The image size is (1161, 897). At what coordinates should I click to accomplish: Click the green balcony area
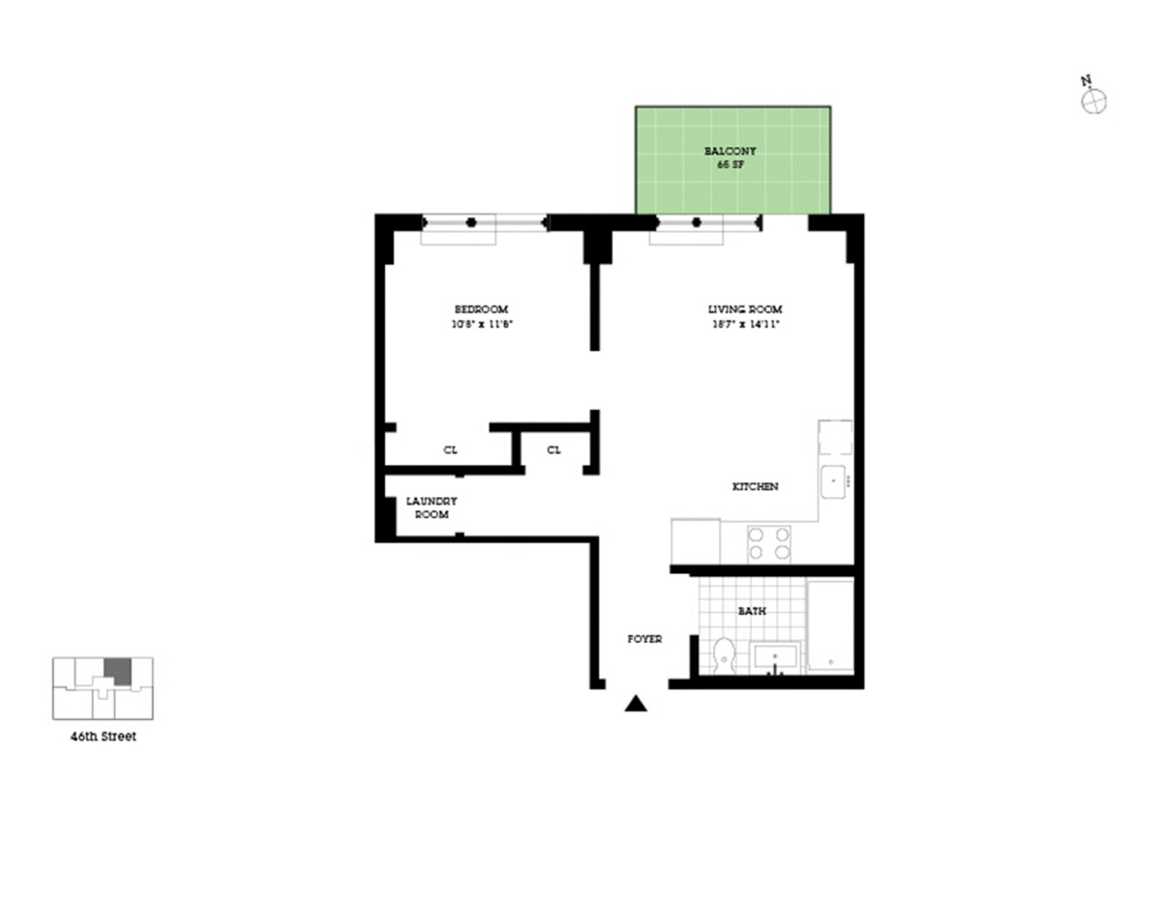pyautogui.click(x=732, y=184)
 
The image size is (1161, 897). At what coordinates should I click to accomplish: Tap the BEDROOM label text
pyautogui.click(x=481, y=309)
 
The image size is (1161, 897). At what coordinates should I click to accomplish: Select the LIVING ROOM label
pyautogui.click(x=744, y=309)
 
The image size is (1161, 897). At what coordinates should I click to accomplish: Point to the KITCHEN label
pyautogui.click(x=755, y=486)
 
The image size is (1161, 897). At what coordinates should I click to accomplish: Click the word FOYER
pyautogui.click(x=644, y=639)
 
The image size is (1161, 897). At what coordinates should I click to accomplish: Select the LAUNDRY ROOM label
pyautogui.click(x=432, y=507)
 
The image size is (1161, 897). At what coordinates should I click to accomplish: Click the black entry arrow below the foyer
pyautogui.click(x=636, y=704)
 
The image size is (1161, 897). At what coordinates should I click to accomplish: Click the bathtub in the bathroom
pyautogui.click(x=830, y=625)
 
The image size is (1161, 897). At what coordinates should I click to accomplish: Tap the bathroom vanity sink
pyautogui.click(x=775, y=658)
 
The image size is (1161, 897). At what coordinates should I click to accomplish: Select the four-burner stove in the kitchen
pyautogui.click(x=769, y=543)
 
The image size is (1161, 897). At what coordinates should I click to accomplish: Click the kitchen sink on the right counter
pyautogui.click(x=836, y=480)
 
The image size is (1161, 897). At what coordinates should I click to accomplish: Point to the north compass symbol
pyautogui.click(x=1093, y=100)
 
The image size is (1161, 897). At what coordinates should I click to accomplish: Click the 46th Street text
pyautogui.click(x=103, y=737)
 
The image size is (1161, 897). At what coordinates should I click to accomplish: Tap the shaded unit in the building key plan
pyautogui.click(x=117, y=671)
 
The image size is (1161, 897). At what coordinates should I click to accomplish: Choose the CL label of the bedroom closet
pyautogui.click(x=450, y=450)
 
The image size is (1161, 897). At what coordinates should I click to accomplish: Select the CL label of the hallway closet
pyautogui.click(x=553, y=450)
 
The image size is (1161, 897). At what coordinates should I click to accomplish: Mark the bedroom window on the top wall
pyautogui.click(x=484, y=222)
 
